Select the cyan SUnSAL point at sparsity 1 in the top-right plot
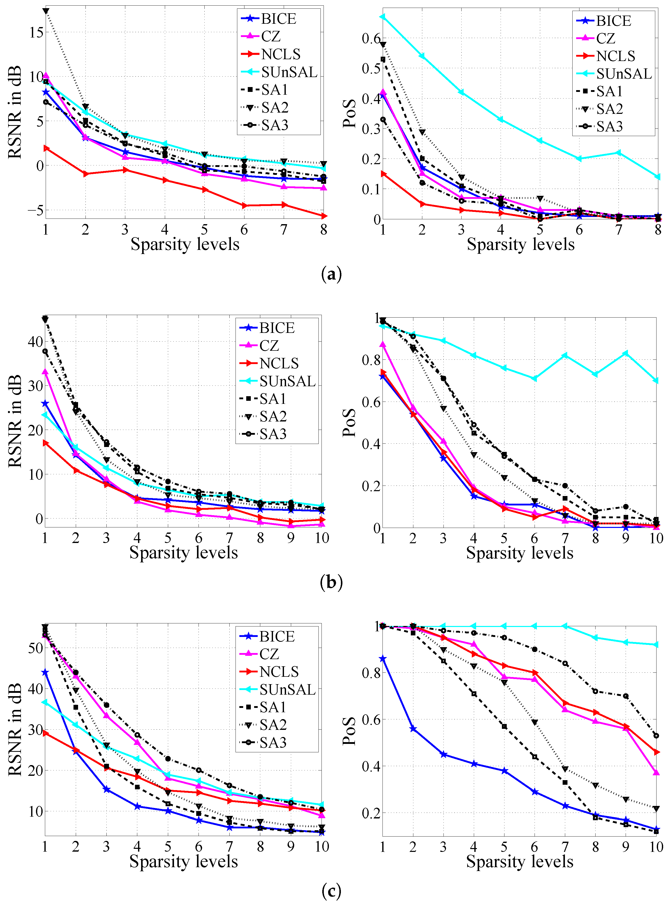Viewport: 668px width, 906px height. click(x=382, y=17)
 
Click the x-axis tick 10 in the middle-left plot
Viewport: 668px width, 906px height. click(x=322, y=538)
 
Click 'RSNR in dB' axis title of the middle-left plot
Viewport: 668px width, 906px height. click(x=15, y=421)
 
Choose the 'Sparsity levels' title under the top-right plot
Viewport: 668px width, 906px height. click(x=521, y=244)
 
